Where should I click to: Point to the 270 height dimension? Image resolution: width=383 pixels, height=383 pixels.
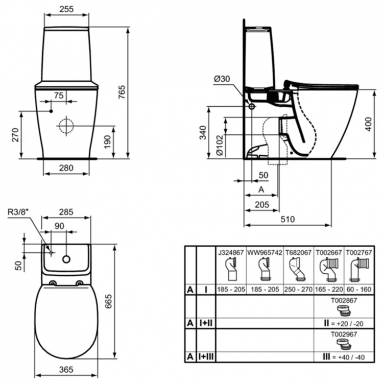[x=15, y=135]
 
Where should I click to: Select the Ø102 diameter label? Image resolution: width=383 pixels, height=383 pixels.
[x=218, y=146]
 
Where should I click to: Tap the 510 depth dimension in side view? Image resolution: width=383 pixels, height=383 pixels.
[x=289, y=219]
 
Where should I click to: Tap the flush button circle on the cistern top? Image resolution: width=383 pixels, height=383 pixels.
[x=65, y=259]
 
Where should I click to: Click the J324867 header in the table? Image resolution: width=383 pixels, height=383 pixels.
[x=231, y=252]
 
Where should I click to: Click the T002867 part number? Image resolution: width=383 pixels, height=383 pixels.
[x=345, y=301]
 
